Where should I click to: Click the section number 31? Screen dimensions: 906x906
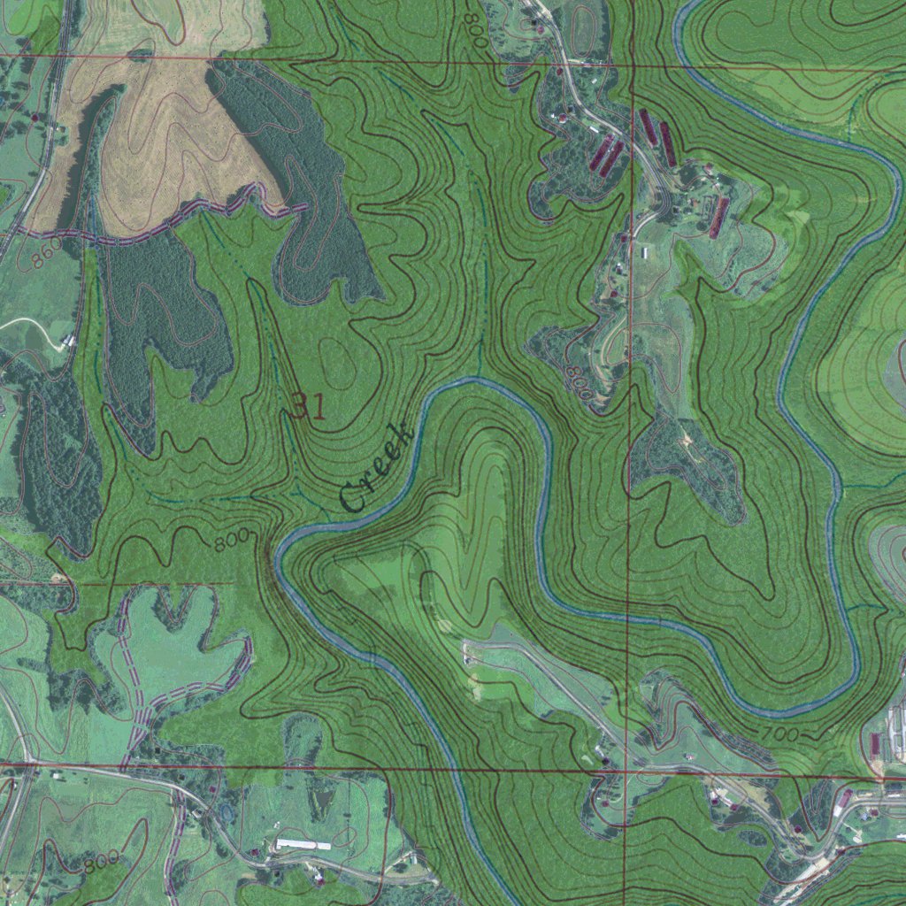309,406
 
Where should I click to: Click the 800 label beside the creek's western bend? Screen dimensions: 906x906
230,539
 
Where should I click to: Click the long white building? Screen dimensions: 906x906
303,845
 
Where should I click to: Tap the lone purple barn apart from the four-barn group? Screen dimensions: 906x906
720,218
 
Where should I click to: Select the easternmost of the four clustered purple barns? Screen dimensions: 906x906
669,144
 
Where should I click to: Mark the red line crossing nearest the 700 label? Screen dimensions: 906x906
626,768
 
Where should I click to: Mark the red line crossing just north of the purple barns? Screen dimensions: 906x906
633,66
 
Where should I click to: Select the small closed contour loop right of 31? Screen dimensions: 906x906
341,364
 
